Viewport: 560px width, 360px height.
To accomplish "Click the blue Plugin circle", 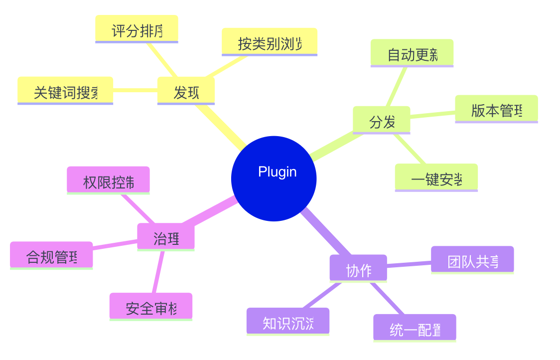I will (274, 179).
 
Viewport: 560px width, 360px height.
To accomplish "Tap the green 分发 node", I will (381, 120).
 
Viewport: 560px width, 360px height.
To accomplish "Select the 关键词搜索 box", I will (65, 91).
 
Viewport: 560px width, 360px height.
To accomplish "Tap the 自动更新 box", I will (412, 53).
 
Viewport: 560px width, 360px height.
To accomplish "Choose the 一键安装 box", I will (436, 178).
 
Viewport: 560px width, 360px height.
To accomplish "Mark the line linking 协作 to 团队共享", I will (409, 264).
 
